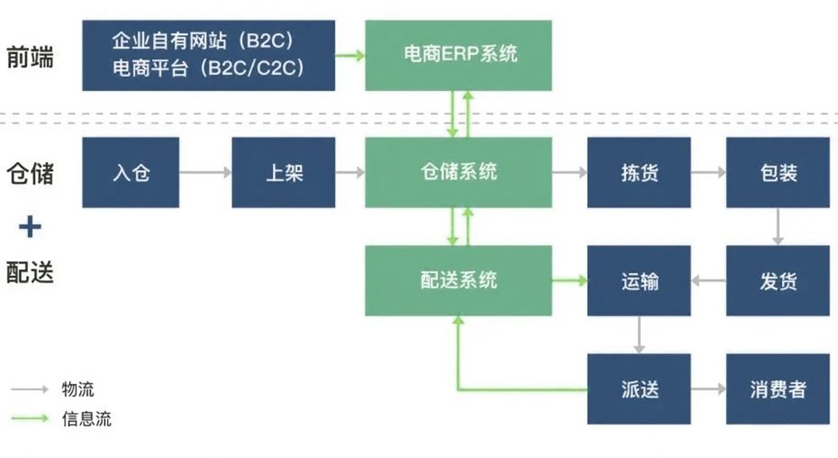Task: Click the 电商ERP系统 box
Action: tap(459, 55)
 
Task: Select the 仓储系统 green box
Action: tap(459, 172)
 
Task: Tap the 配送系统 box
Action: tap(459, 280)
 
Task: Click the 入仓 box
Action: tap(130, 172)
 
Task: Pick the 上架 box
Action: tap(283, 172)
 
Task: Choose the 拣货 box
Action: tap(639, 172)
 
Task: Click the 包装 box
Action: tap(777, 172)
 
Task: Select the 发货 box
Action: tap(777, 280)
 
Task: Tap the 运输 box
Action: tap(639, 280)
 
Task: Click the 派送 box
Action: tap(639, 389)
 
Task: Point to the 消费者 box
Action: tap(777, 389)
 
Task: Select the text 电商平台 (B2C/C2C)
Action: tap(208, 68)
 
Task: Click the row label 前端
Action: tap(30, 57)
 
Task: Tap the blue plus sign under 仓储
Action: tap(29, 227)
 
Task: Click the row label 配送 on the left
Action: tap(30, 272)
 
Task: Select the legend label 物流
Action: tap(78, 389)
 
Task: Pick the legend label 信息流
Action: tap(86, 418)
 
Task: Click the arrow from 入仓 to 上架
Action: tap(206, 172)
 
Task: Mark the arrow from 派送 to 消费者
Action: tap(708, 389)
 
